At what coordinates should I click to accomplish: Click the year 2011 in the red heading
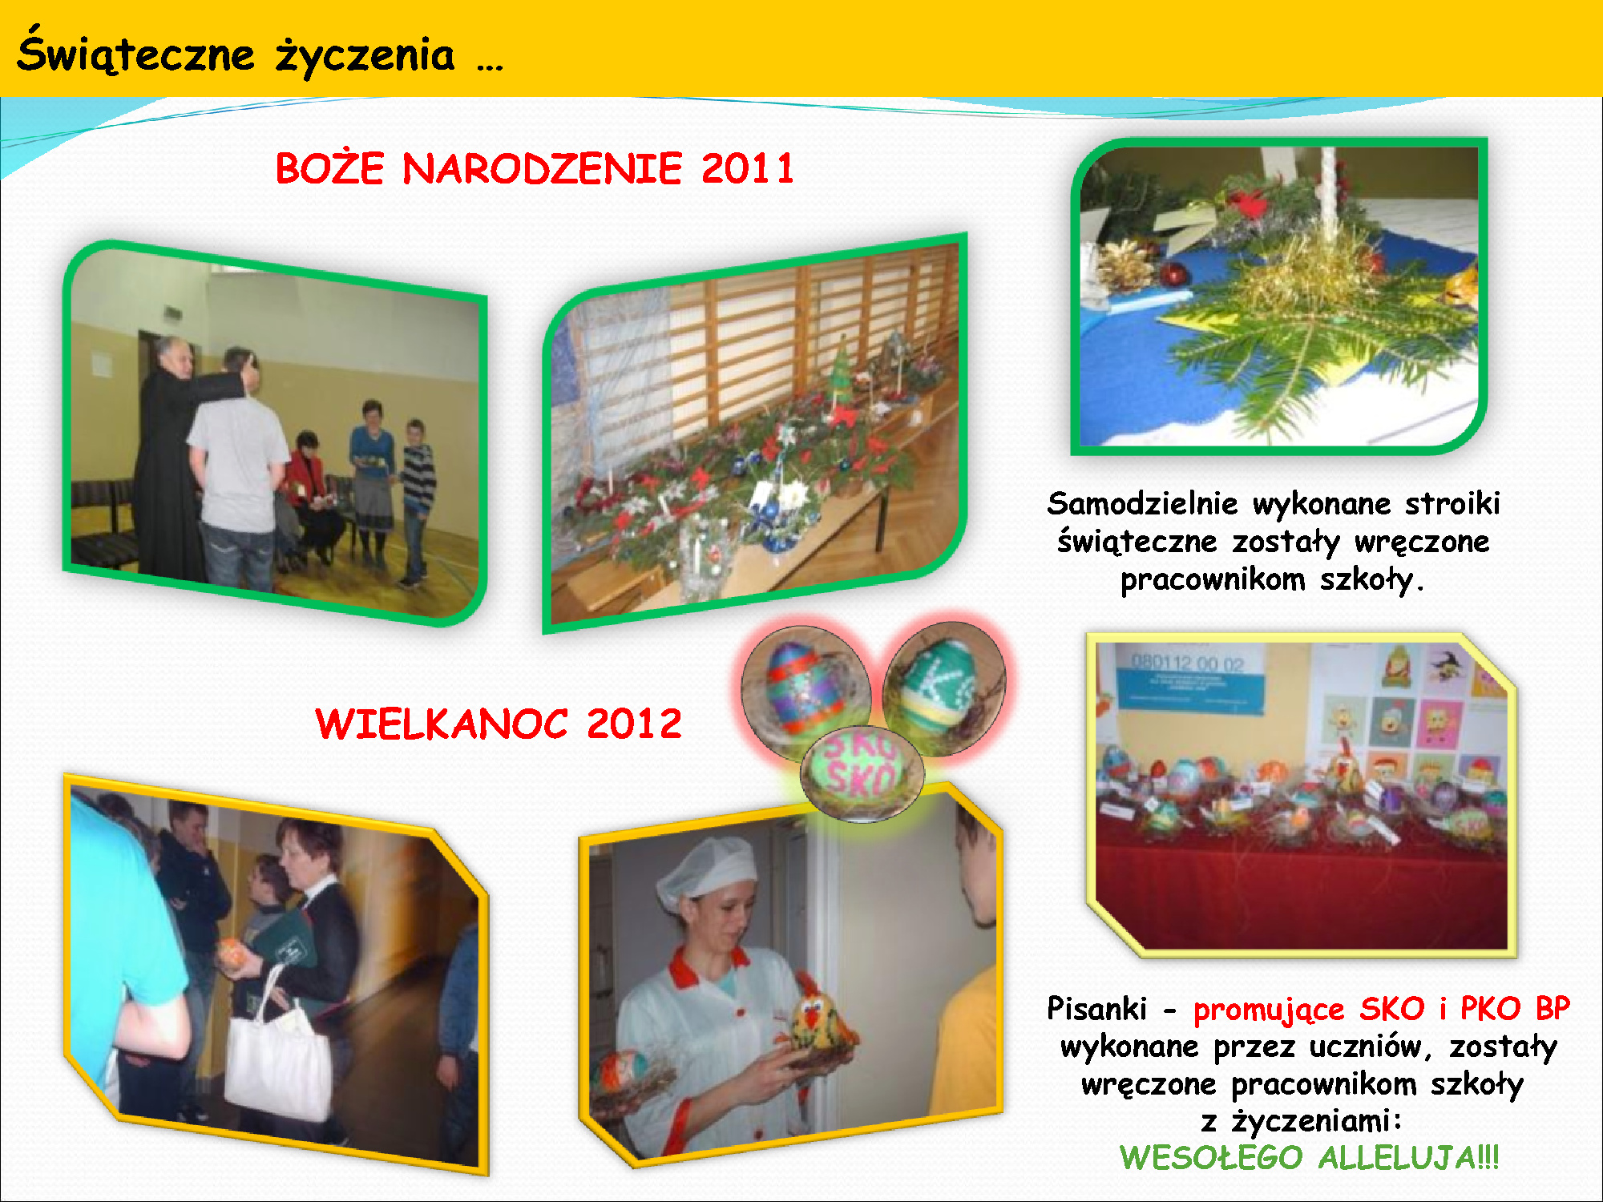tap(747, 169)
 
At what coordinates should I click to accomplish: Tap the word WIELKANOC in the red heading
tap(442, 724)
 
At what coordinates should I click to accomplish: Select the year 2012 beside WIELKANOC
tap(634, 724)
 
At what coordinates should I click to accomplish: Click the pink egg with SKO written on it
tap(862, 772)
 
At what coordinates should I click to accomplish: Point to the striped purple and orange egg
tap(806, 689)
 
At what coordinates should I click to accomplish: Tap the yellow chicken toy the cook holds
tap(818, 1018)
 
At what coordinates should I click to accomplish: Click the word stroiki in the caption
tap(1452, 503)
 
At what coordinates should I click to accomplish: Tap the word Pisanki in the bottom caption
tap(1096, 1008)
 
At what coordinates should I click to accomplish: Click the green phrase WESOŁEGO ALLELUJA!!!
tap(1309, 1157)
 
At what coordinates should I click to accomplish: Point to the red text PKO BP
tap(1515, 1008)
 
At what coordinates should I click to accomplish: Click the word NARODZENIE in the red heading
tap(542, 169)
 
